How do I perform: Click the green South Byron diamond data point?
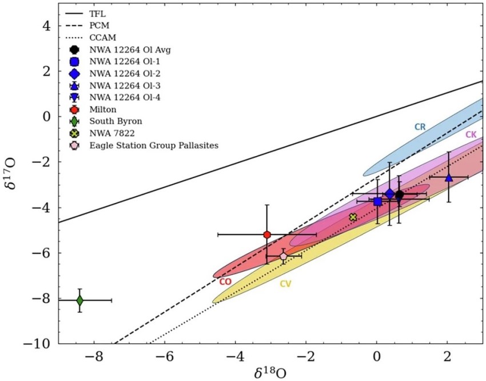click(80, 300)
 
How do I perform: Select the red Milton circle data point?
click(267, 235)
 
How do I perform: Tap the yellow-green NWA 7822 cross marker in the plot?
click(353, 217)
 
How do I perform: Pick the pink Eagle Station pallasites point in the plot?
click(284, 256)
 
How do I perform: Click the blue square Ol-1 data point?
click(377, 201)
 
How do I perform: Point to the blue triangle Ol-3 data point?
click(449, 177)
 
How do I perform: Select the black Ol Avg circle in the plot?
click(399, 195)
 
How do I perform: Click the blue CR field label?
click(420, 126)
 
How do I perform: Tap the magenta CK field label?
click(471, 134)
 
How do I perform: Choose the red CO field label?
click(225, 281)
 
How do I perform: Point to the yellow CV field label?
click(285, 283)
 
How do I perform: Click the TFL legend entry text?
click(98, 13)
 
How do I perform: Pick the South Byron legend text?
click(114, 121)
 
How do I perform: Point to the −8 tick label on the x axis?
click(94, 358)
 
